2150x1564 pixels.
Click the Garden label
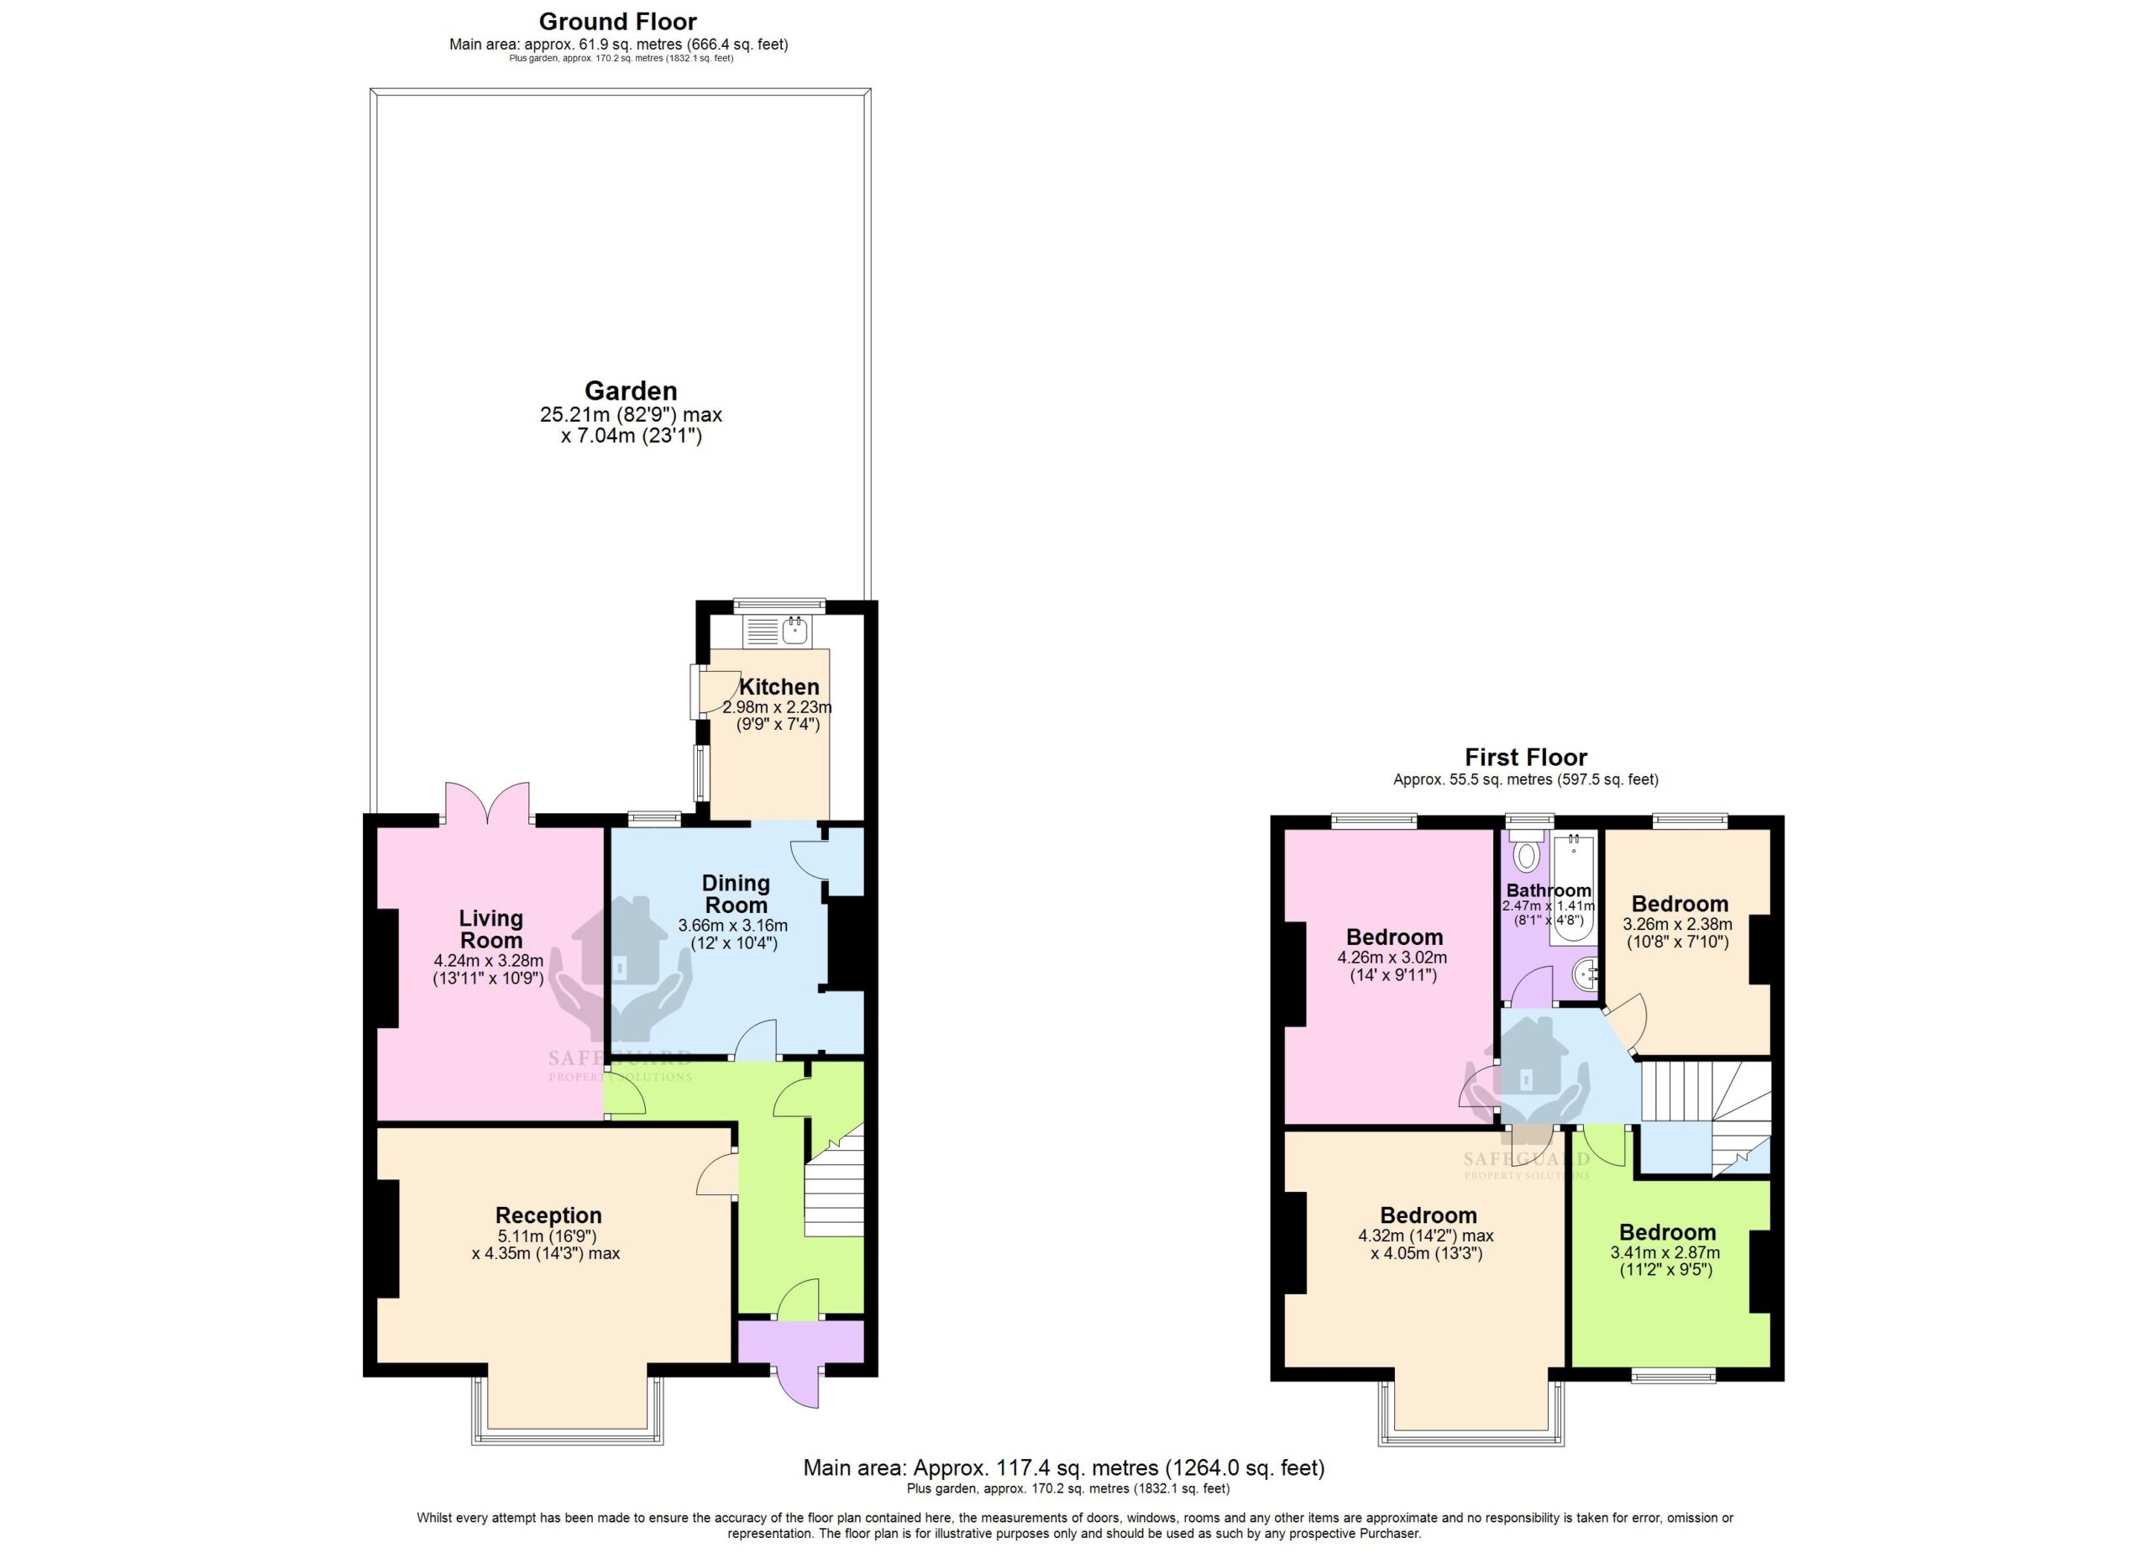pos(631,391)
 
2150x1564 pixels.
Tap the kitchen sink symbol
pos(776,630)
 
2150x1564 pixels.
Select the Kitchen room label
pos(779,686)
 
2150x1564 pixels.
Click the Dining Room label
pos(736,894)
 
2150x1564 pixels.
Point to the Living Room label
pos(491,929)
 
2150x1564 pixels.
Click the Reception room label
pos(549,1215)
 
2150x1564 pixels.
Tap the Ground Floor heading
pos(618,22)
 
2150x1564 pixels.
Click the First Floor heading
pos(1525,758)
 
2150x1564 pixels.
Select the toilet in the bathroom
pos(1525,853)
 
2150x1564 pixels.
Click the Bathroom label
pos(1548,890)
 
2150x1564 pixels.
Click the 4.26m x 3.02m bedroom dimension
pos(1392,958)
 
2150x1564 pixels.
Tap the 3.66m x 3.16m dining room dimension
pos(733,925)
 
